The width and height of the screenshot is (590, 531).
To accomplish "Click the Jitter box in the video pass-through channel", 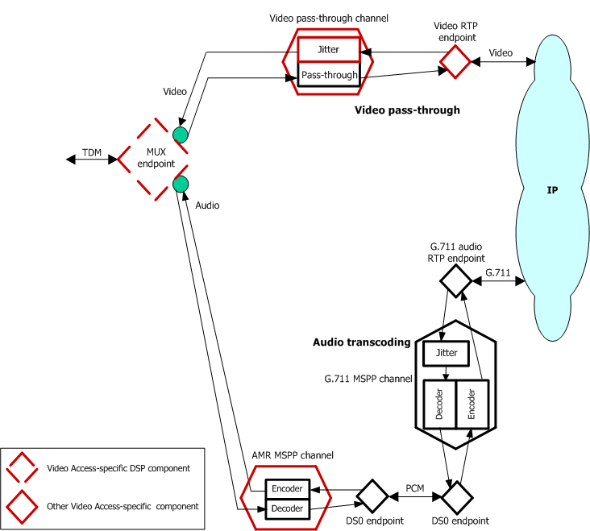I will coord(328,49).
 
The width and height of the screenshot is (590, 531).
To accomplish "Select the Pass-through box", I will coord(328,75).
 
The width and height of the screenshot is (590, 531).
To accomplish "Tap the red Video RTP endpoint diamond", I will coord(455,61).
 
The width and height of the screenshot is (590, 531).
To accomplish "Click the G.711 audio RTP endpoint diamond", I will coord(455,281).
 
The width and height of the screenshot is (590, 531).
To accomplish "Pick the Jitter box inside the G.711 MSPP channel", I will coord(446,353).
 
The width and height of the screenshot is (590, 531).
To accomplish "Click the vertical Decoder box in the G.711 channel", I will coord(439,404).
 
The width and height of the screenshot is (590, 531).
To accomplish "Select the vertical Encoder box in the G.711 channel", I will coord(472,404).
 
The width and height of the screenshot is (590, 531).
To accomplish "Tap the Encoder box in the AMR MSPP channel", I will coord(287,488).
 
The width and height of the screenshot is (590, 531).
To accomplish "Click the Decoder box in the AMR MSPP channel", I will coord(287,508).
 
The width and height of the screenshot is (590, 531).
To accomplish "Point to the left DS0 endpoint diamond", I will coord(373,496).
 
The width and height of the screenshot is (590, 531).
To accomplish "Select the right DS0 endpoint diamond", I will coord(456,496).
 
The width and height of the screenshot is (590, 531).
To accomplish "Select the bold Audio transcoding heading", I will coord(361,342).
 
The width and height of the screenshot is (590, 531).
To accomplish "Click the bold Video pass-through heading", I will coord(407,110).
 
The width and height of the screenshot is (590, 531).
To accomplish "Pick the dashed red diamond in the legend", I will coord(22,468).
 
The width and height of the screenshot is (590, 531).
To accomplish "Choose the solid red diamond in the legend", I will coord(22,505).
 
